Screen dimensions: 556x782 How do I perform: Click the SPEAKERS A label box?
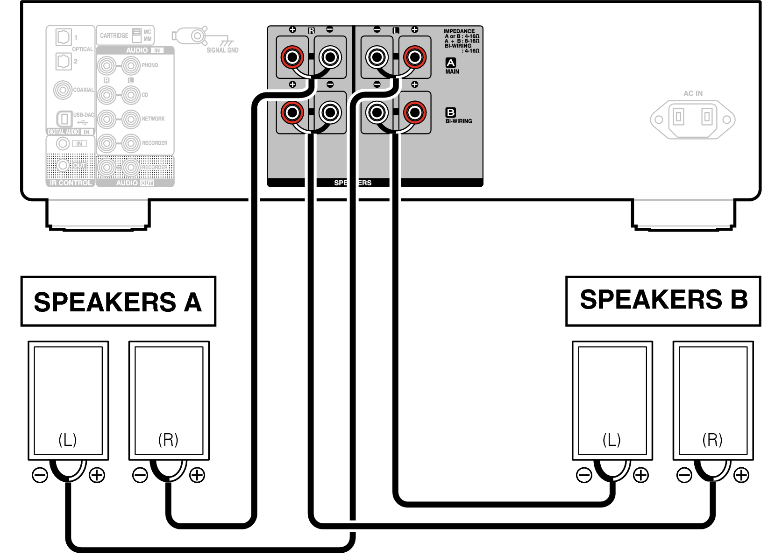tap(118, 302)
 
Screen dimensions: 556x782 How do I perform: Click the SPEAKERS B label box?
tap(663, 300)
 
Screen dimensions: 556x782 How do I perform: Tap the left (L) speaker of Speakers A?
tap(68, 400)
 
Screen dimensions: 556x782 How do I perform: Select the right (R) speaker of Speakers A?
tap(169, 400)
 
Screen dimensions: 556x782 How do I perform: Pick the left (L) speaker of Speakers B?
tap(612, 400)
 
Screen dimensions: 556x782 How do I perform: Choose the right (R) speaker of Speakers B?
tap(713, 400)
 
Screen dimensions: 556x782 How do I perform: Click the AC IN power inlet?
tap(693, 119)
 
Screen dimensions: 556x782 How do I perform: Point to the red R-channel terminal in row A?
tap(292, 57)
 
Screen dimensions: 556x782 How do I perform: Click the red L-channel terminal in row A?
tap(414, 57)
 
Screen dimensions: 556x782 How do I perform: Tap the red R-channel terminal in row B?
tap(292, 113)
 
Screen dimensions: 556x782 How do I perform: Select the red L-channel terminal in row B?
tap(414, 113)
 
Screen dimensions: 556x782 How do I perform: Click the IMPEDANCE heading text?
tap(459, 31)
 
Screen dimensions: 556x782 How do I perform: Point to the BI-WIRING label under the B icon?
tap(459, 121)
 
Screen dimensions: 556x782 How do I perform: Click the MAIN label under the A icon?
tap(452, 72)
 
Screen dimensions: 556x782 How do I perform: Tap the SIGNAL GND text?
tap(222, 50)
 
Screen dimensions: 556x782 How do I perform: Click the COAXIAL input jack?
tap(63, 90)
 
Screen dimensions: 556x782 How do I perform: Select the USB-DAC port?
tap(64, 119)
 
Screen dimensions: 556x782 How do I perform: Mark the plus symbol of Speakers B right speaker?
tap(741, 475)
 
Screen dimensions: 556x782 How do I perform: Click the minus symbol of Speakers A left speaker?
tap(40, 475)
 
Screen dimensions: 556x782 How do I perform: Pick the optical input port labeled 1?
tap(63, 36)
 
